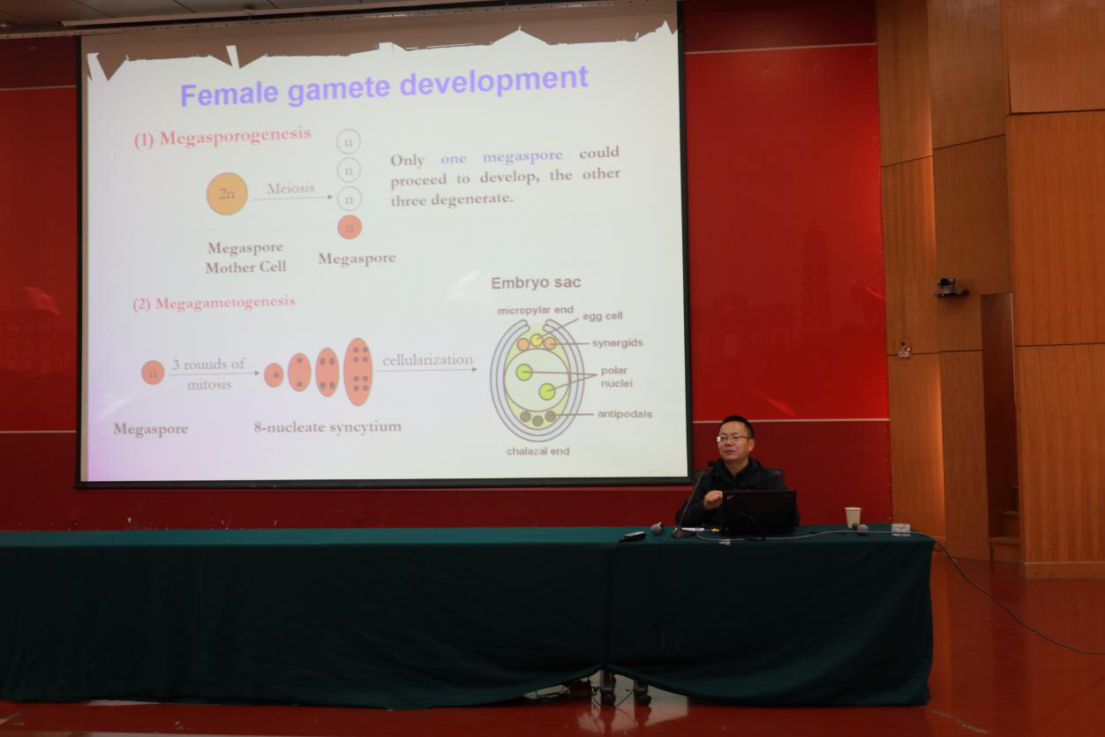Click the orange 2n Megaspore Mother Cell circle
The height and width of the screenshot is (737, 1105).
pos(227,194)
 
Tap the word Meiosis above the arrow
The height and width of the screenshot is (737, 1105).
pos(290,188)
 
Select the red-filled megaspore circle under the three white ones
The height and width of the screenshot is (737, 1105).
pos(350,228)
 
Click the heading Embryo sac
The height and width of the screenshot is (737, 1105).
pos(536,282)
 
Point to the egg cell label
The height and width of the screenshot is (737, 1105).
pos(602,316)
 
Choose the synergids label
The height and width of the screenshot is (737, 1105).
pos(618,342)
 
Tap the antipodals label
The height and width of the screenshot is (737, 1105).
pos(625,414)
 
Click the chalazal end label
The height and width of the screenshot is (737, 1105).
pos(537,451)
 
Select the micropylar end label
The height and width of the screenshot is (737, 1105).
pos(535,311)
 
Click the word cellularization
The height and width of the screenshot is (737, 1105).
pos(428,360)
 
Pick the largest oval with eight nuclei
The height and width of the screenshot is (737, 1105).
pos(358,372)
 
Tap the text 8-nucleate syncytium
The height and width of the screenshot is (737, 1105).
pos(327,427)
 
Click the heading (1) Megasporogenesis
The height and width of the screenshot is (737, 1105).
pos(222,137)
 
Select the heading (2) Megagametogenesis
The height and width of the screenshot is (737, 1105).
pos(214,303)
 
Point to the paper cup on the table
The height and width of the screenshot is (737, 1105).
pos(853,517)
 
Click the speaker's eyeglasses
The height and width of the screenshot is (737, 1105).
pos(733,438)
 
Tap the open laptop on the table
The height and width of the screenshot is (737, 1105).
pos(759,513)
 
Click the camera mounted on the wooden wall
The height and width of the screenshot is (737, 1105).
pos(950,287)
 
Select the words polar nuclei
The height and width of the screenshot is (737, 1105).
pos(616,377)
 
